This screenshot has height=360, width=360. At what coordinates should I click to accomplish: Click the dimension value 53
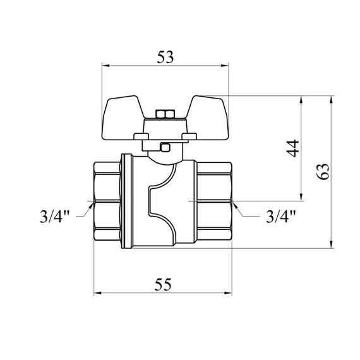[165, 57]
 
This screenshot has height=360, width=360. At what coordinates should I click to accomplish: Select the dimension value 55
[163, 284]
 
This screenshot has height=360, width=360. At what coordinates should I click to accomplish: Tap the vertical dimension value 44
[292, 148]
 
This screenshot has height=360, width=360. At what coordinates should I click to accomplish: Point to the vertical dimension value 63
[323, 171]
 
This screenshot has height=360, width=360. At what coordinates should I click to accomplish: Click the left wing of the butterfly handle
[123, 117]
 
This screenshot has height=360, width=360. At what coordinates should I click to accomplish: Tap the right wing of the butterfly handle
[207, 117]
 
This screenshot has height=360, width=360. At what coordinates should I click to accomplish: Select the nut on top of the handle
[165, 114]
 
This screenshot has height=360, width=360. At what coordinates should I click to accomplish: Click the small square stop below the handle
[165, 147]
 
